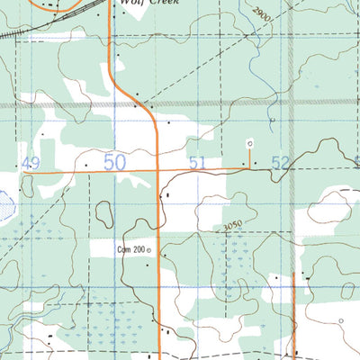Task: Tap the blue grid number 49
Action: coord(32,163)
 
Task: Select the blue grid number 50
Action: coord(114,162)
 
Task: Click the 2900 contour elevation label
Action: coord(261,14)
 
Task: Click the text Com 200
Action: coord(130,250)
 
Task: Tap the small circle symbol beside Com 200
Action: coord(149,250)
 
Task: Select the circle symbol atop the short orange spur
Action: coord(250,142)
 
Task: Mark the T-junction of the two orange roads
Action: coord(158,168)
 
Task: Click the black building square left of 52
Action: coord(256,164)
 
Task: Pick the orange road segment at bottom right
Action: coord(294,315)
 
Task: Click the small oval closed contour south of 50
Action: coord(105,213)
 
